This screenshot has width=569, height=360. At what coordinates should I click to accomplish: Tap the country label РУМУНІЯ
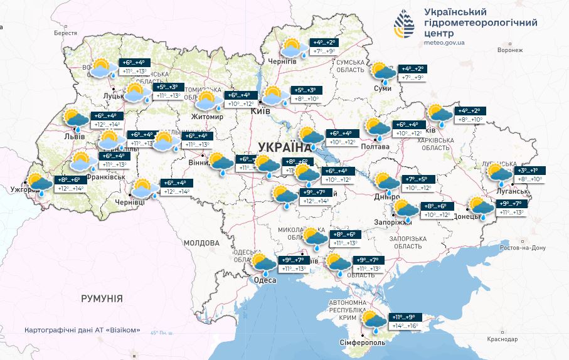[x=101, y=299]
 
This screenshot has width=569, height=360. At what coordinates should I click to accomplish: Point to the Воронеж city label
[x=509, y=50]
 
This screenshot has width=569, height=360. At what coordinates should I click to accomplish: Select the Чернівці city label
[x=130, y=202]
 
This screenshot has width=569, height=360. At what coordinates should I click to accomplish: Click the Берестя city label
[x=65, y=33]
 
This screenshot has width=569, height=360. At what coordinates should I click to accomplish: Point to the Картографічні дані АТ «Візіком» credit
[x=82, y=330]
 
